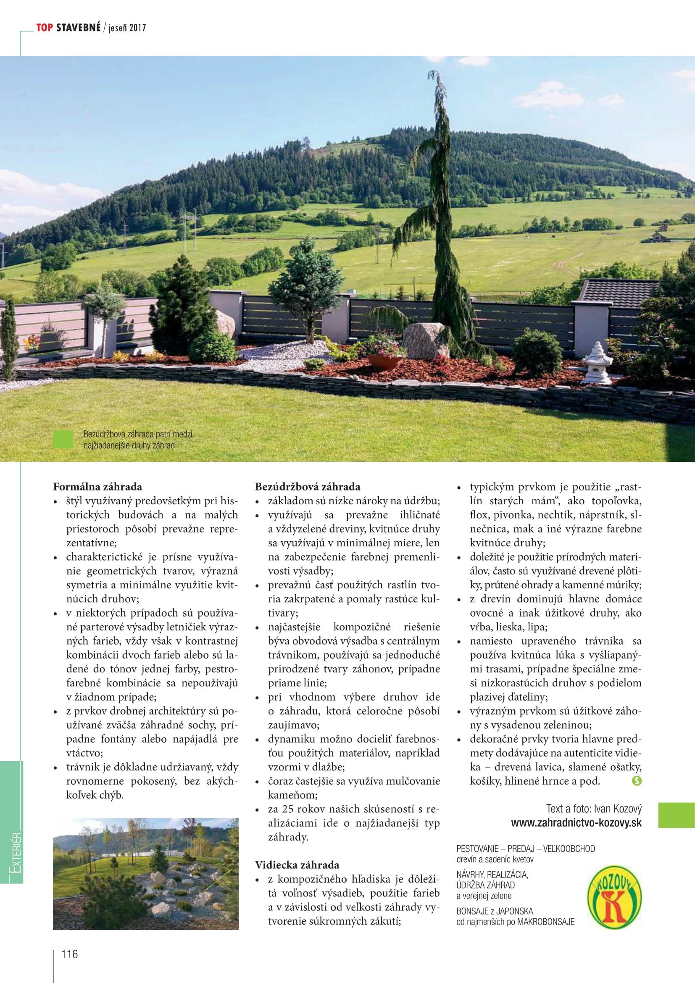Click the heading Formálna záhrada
97,487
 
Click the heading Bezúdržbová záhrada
307,487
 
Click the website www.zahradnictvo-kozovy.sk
576,823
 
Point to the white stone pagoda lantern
598,364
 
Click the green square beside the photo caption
63,439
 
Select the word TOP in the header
45,28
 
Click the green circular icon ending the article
636,781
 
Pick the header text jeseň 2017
127,28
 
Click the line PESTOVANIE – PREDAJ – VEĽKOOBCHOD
525,849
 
